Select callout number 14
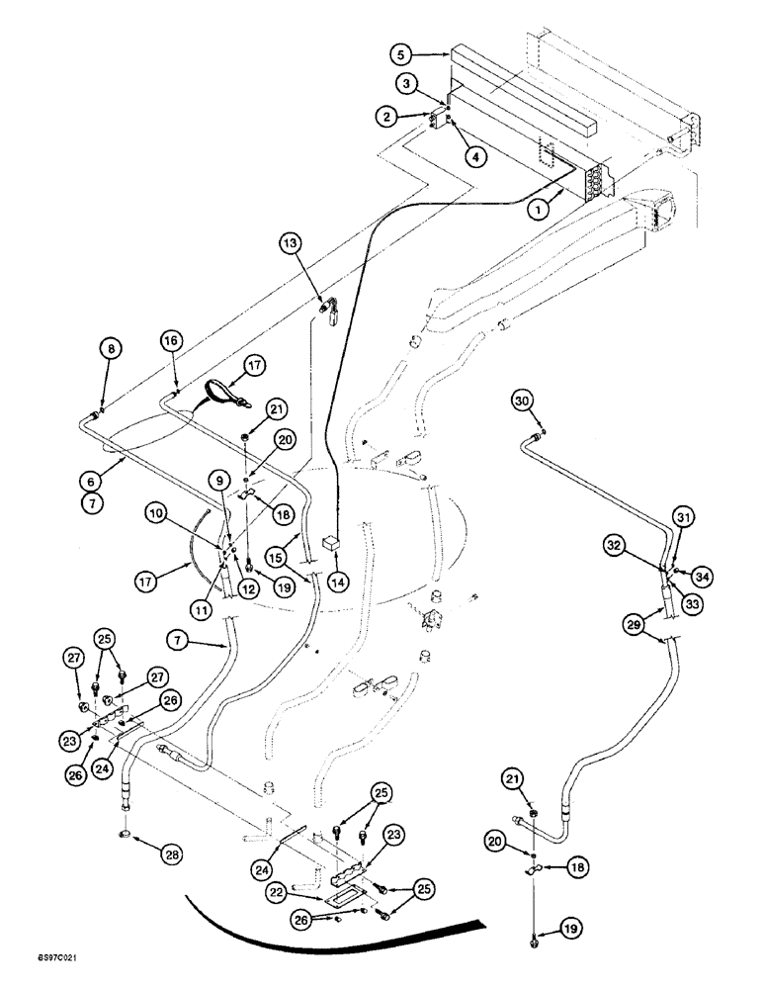pyautogui.click(x=344, y=581)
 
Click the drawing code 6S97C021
pyautogui.click(x=34, y=959)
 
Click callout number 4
pyautogui.click(x=477, y=155)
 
